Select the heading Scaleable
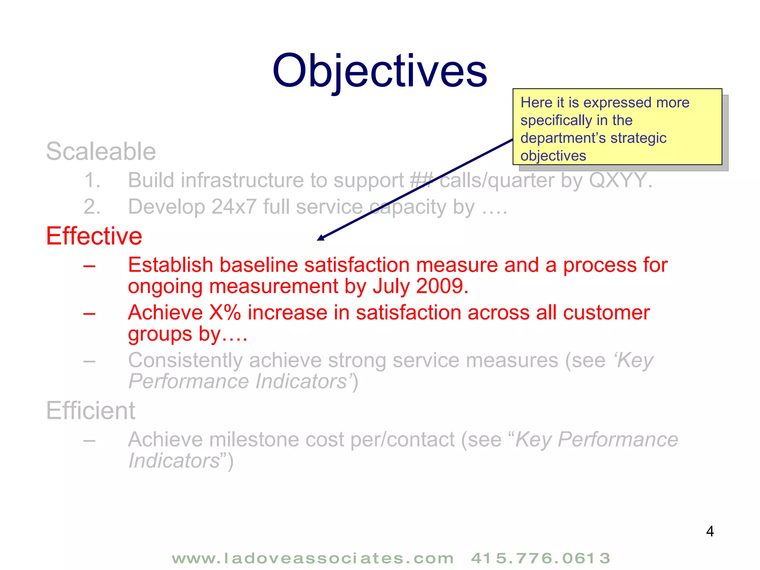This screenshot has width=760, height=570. click(x=101, y=151)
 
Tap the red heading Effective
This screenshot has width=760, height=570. click(x=94, y=236)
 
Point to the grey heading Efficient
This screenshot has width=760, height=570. click(x=91, y=411)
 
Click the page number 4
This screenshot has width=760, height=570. click(x=710, y=531)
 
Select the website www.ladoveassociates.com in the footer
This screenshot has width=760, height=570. click(x=312, y=558)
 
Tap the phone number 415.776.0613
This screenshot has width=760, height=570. click(x=540, y=558)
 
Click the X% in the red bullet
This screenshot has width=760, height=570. click(x=225, y=312)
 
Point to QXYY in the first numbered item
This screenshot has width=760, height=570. click(x=617, y=180)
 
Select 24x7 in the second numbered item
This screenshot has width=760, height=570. click(x=234, y=207)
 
